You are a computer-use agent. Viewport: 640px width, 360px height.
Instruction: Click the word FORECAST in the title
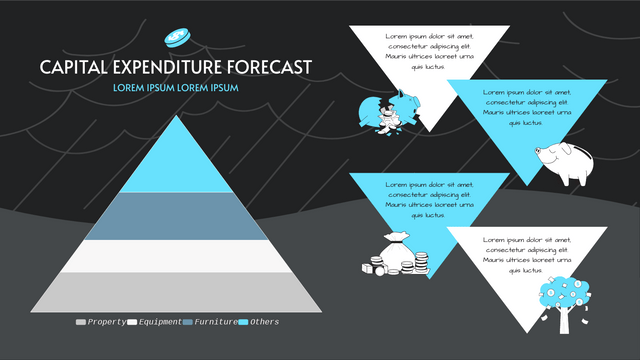click(x=270, y=67)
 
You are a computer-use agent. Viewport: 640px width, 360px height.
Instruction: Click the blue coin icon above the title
click(x=177, y=36)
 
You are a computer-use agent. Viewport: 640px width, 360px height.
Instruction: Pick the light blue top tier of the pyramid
click(x=176, y=160)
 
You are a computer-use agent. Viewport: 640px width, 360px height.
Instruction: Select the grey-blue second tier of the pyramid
click(x=176, y=215)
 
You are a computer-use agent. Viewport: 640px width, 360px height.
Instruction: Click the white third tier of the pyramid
click(x=176, y=255)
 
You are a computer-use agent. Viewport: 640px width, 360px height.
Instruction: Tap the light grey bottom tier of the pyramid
click(x=176, y=290)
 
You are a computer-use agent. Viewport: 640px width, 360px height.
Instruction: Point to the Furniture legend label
click(x=215, y=322)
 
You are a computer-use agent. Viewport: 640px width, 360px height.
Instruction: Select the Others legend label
click(x=265, y=322)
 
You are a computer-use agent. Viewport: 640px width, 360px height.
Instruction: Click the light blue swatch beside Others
click(x=244, y=322)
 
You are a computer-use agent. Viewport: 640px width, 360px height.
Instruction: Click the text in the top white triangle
click(x=429, y=51)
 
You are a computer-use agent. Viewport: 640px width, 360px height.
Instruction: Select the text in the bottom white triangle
click(x=526, y=257)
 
